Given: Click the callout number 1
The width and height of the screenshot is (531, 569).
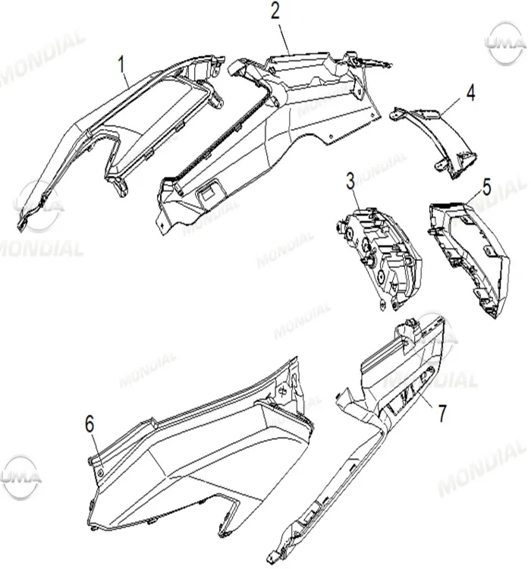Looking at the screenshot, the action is pos(121,64).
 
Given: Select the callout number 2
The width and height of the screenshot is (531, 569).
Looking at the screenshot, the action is pos(275,11).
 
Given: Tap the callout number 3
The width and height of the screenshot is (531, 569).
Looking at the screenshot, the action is pos(350,181).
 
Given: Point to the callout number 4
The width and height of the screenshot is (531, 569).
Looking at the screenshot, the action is pos(471,93).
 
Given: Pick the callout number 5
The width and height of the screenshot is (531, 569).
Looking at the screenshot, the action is pos(486,187).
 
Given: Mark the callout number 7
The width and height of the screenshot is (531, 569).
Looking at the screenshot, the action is pos(441,413).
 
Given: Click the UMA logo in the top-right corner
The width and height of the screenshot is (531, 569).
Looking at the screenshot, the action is pos(506,43).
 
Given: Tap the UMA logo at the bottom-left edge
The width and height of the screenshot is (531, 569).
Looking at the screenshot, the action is pos(20,477).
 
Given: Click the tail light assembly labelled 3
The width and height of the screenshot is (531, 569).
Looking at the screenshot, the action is pos(379,259).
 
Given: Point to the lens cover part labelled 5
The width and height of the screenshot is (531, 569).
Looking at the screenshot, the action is pos(470,259).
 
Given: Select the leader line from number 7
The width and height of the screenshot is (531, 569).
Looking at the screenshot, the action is pos(422,399).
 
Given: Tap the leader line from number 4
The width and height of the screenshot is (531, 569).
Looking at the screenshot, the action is pos(453,108).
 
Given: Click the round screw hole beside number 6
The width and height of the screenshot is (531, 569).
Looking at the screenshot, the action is pos(101,472).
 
